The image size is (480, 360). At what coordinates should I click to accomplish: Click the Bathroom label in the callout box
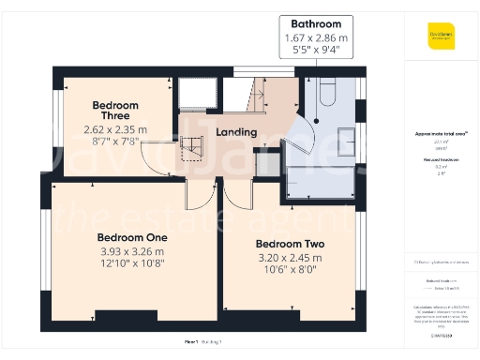pos(322,23)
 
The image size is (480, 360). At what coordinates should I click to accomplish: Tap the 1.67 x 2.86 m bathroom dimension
pos(322,37)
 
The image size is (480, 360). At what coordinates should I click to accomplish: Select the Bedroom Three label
pos(114,111)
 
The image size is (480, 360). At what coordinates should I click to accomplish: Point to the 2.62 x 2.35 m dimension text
pos(114,129)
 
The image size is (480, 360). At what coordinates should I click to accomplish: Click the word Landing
pos(235,132)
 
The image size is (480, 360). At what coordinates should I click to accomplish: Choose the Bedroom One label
pos(132,236)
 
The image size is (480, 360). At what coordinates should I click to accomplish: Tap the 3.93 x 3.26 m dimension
pos(132,251)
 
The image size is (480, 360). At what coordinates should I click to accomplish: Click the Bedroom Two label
pos(290,244)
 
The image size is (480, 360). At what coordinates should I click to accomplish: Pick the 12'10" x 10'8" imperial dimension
pos(132,264)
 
